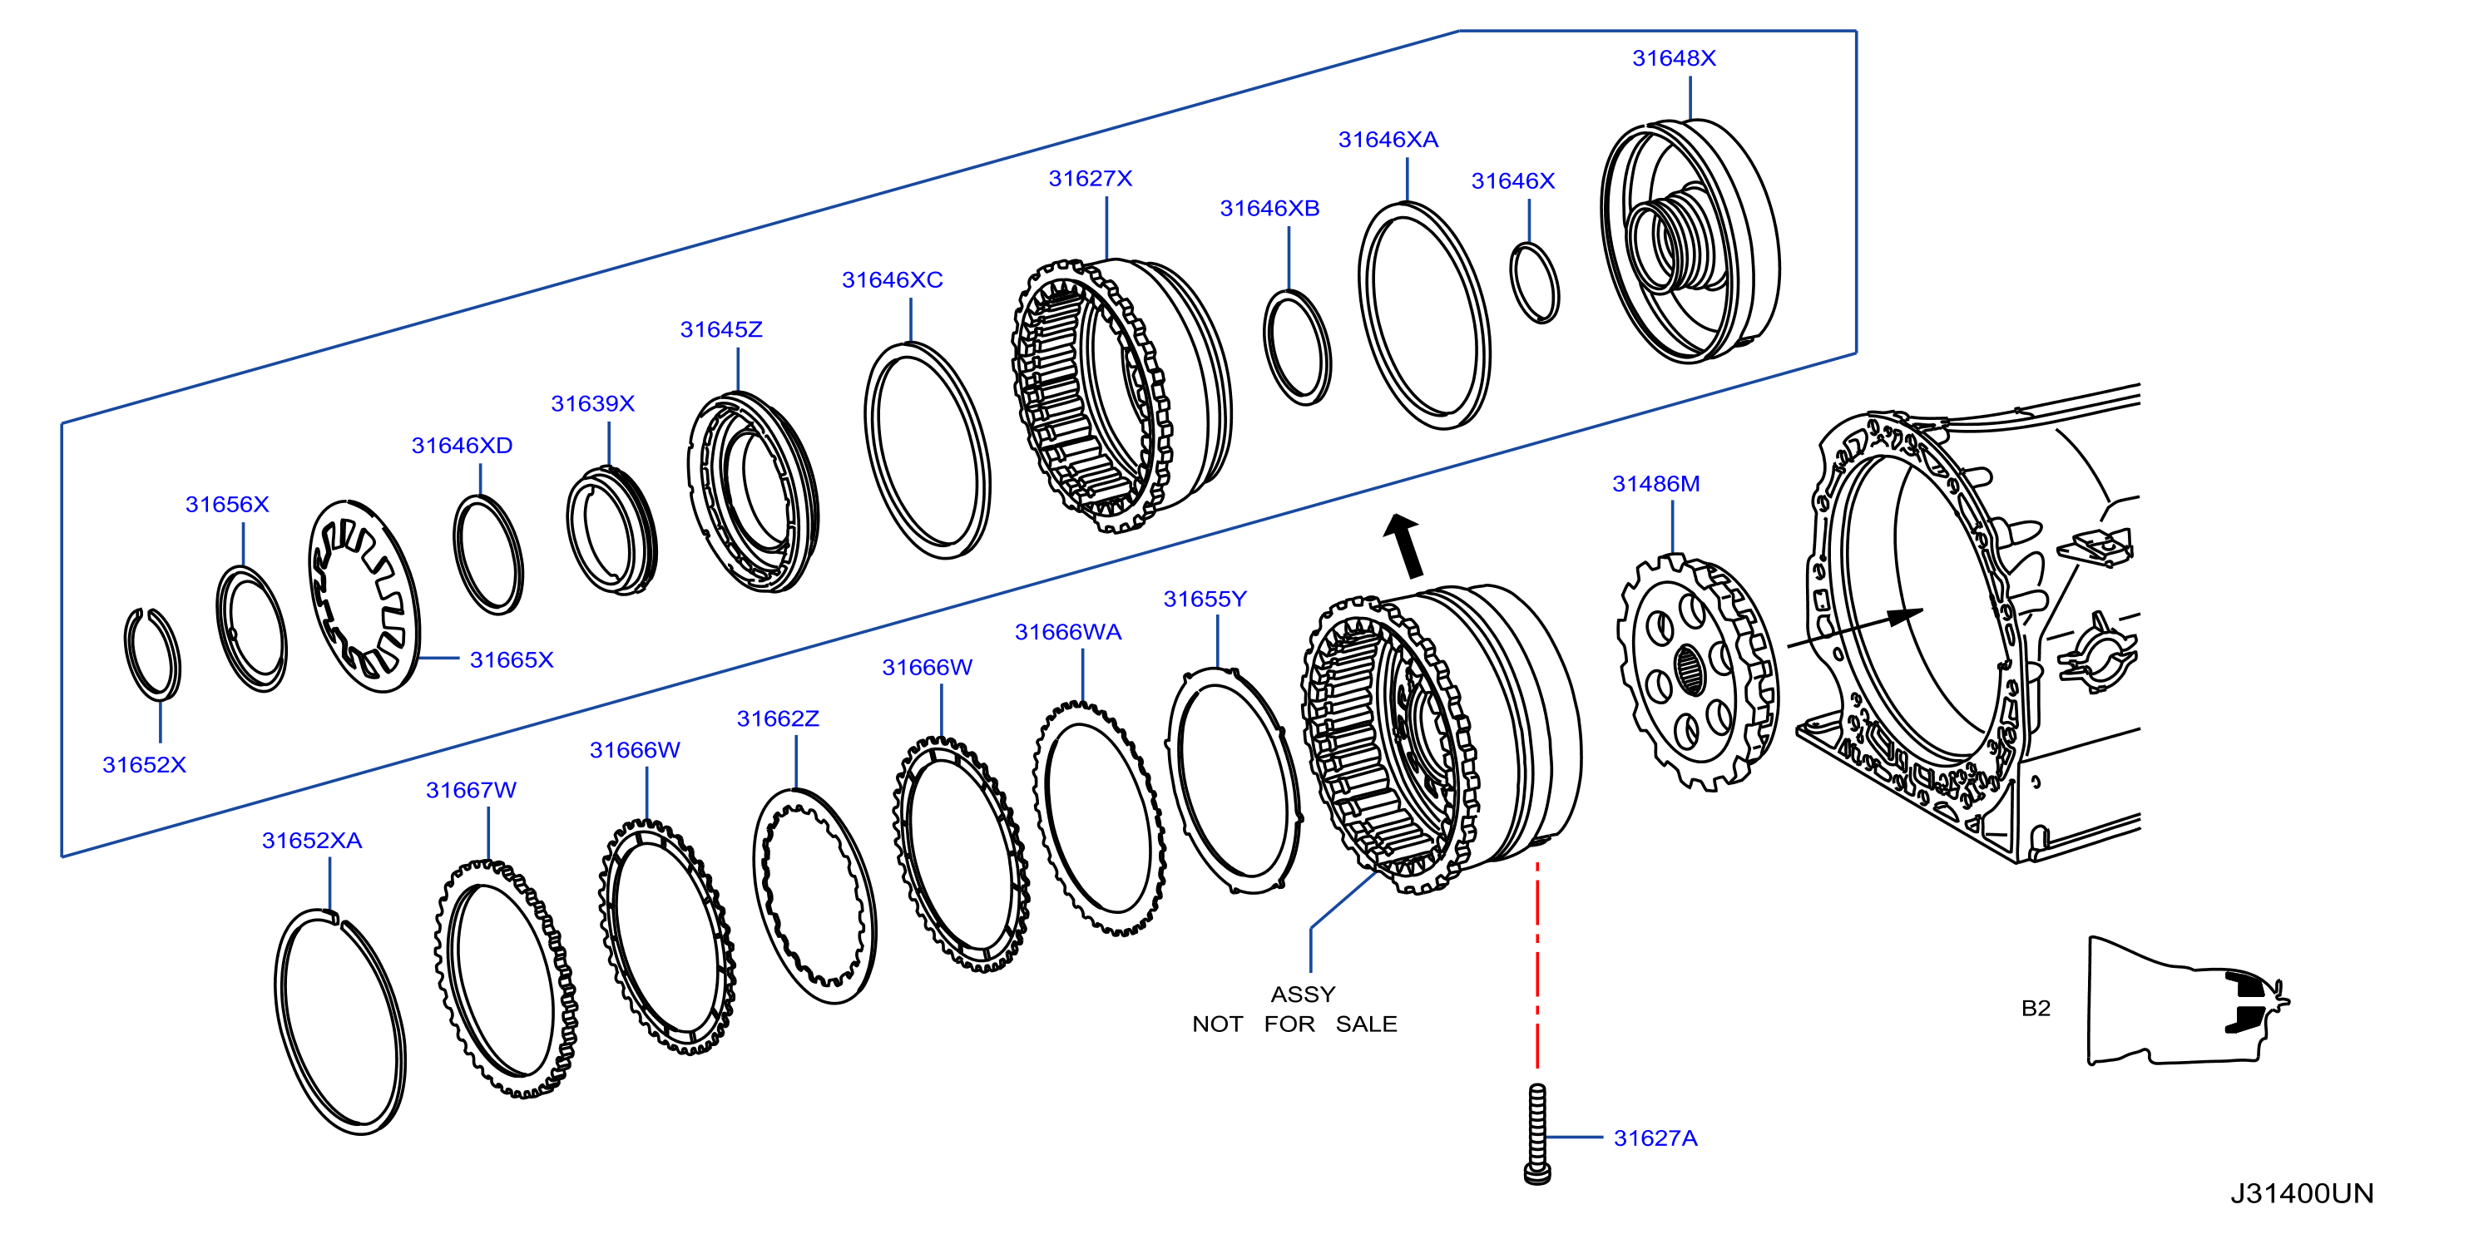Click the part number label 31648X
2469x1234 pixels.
(1674, 58)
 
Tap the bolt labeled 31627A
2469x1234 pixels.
(1537, 1134)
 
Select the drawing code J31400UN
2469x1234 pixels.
(2301, 1194)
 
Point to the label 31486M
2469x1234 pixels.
(1655, 484)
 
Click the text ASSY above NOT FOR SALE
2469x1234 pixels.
(1303, 995)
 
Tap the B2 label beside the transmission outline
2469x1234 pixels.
(2036, 1008)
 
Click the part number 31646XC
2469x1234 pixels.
(892, 279)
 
